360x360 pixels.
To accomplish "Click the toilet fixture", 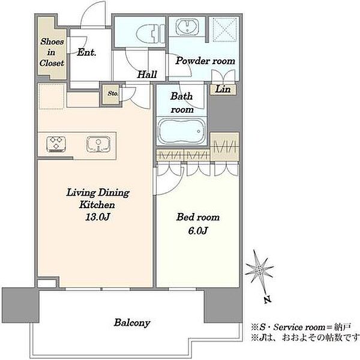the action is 151,34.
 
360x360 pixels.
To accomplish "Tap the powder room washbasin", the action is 187,26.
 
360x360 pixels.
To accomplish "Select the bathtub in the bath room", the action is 182,131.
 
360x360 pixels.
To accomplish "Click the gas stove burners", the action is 56,144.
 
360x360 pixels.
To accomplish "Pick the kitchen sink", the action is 98,144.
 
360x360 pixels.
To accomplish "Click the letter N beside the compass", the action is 267,300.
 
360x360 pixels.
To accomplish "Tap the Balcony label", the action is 132,323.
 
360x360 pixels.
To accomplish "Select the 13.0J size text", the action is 97,217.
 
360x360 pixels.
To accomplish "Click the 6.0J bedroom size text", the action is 198,230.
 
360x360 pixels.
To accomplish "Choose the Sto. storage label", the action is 113,94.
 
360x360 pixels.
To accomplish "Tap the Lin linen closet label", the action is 223,89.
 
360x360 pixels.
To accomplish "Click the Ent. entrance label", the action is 86,52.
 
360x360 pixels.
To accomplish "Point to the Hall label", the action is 147,74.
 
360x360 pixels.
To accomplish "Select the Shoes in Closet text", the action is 52,52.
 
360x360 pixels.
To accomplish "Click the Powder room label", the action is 205,61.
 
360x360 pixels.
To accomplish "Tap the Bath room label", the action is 182,103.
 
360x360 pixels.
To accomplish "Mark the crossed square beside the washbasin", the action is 224,29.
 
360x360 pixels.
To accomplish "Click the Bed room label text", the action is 198,217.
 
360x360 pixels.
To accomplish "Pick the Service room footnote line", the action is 301,327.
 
